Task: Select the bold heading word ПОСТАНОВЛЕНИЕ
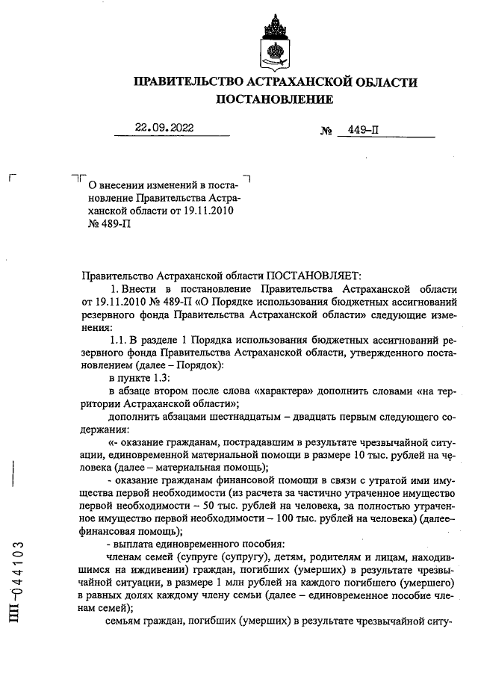click(x=275, y=99)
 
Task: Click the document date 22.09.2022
click(x=164, y=128)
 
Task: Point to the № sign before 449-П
click(x=326, y=131)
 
